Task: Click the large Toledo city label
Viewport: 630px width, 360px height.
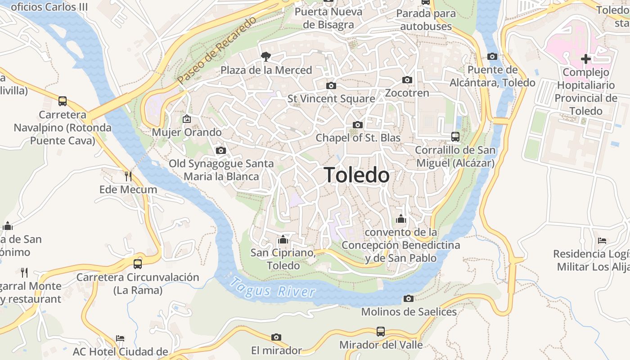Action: tap(356, 175)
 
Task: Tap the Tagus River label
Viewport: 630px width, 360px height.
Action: tap(272, 288)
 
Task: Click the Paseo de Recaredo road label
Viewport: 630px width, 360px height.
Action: tap(216, 50)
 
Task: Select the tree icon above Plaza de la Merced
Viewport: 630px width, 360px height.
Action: tap(266, 56)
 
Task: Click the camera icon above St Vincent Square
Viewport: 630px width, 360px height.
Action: tap(331, 85)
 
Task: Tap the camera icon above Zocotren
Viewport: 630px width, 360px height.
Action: tap(407, 80)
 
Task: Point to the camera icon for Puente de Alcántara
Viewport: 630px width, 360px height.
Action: tap(492, 57)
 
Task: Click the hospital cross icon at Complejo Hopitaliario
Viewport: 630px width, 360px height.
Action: tap(585, 58)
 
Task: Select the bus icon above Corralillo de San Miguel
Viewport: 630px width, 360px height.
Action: tap(455, 137)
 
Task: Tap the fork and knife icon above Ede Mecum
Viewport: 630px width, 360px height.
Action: tap(128, 176)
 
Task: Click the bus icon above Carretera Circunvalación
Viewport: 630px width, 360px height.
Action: tap(138, 264)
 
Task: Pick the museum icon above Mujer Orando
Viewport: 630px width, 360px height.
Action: tap(186, 119)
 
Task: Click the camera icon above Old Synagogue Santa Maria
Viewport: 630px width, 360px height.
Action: tap(220, 151)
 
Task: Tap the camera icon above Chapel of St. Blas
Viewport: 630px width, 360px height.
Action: tap(358, 125)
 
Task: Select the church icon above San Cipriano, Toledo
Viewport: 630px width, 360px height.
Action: tap(283, 239)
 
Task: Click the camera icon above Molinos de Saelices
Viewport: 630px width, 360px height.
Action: tap(408, 298)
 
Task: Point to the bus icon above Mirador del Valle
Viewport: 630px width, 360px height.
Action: tap(381, 332)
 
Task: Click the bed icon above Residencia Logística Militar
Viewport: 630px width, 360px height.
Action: tap(602, 241)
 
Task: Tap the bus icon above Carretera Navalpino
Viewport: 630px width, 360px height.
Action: tap(63, 101)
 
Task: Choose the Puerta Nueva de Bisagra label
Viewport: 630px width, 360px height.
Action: tap(328, 18)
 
